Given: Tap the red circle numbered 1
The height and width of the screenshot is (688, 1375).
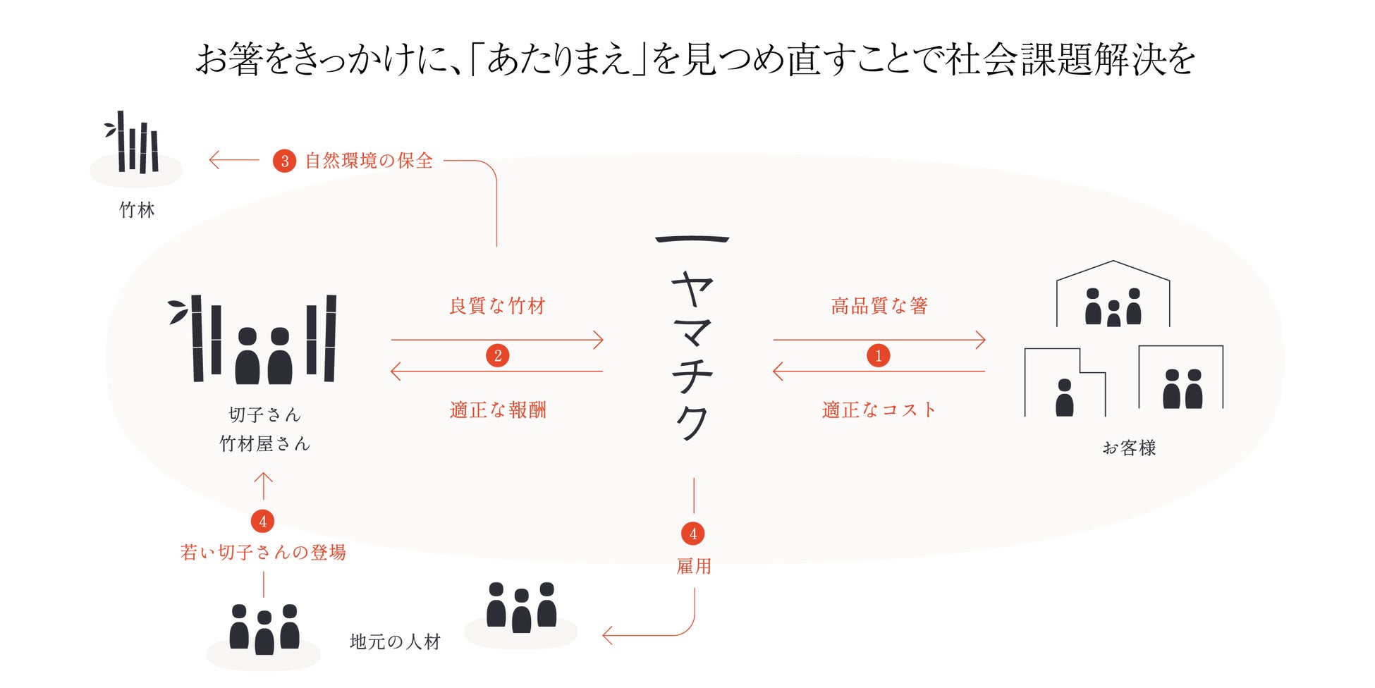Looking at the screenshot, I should pos(878,355).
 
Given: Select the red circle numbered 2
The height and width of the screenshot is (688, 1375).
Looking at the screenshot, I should pos(497,355).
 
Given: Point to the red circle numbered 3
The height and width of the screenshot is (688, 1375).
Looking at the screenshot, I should pos(284,161).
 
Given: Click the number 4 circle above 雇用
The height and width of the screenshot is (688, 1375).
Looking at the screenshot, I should pos(692,534).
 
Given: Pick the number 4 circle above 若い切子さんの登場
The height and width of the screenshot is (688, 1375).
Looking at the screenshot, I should pos(262,522).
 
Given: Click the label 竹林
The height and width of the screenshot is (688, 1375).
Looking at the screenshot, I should pos(137,210).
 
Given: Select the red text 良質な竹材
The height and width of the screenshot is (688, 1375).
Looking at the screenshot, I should pos(497,306).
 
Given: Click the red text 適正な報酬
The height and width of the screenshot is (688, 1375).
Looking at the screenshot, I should pos(498,410).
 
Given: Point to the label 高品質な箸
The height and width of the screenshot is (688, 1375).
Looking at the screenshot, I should pos(879,306).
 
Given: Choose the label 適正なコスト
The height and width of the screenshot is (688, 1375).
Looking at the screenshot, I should pos(879,410).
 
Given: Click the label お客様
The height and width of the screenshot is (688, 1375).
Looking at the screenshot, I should pos(1129,448).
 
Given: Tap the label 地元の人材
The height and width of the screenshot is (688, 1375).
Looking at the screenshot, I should pos(395,641).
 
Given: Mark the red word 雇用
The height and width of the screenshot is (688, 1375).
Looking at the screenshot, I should pos(693,566).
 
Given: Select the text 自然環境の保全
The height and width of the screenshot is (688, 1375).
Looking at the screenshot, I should pos(369,161).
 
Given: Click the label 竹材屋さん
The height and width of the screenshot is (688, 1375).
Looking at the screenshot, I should pos(264,444).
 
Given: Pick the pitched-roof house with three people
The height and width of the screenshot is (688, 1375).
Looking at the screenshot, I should pos(1113,296).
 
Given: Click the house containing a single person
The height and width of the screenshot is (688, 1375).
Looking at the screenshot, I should pos(1064,384).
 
